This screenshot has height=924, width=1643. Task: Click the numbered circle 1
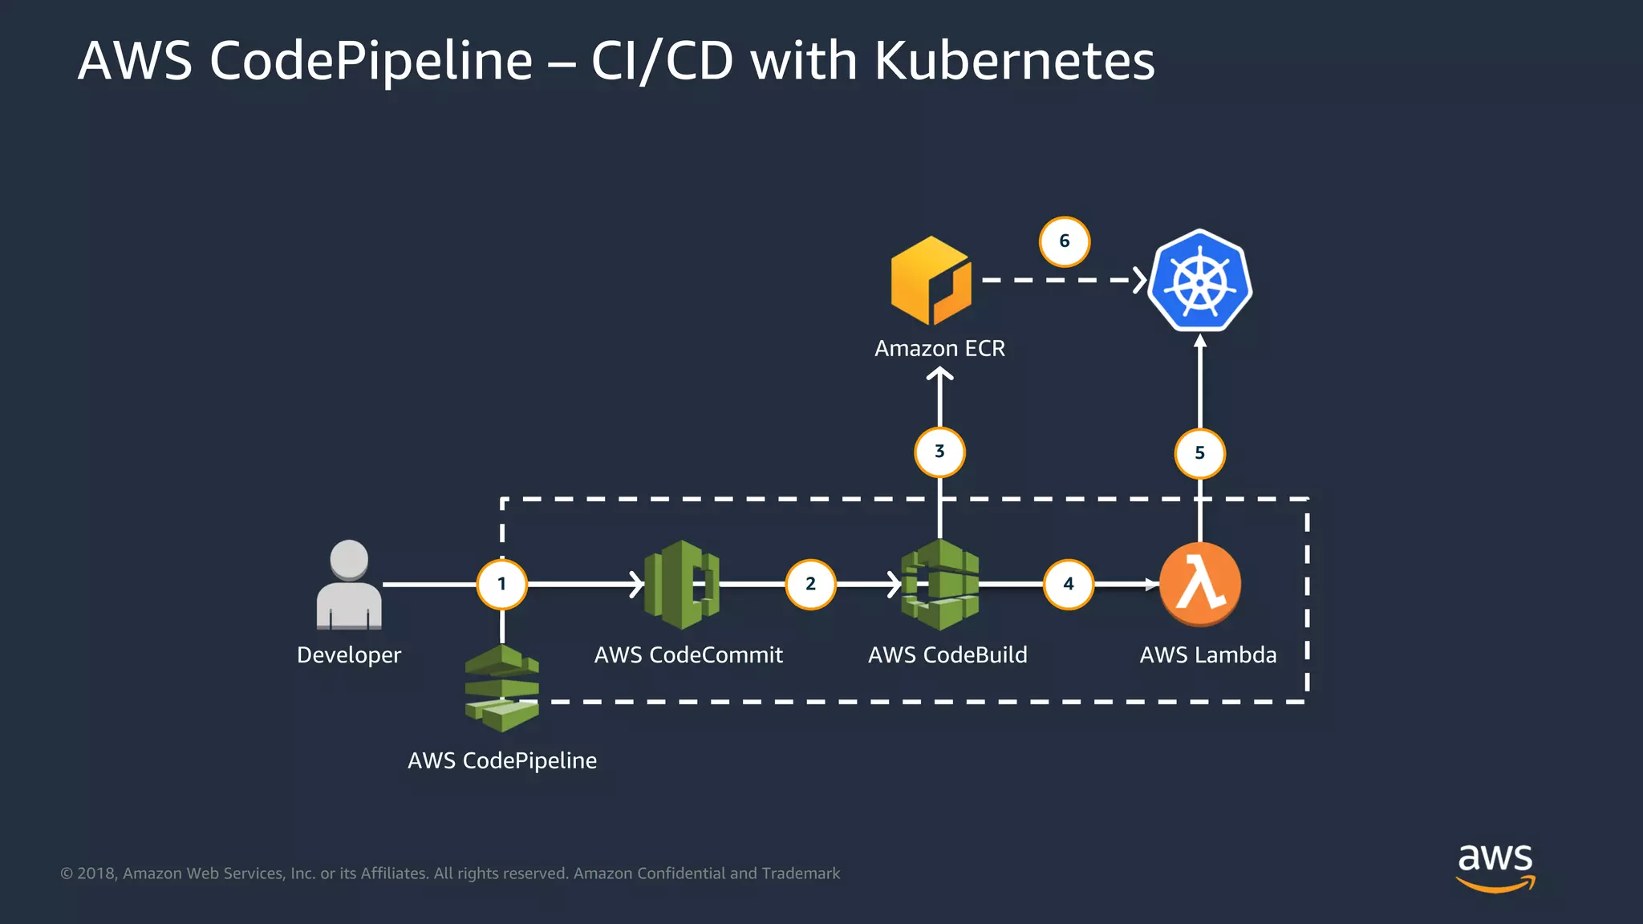click(502, 584)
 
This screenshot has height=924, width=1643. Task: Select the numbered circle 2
click(810, 584)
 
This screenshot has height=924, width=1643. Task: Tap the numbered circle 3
click(939, 452)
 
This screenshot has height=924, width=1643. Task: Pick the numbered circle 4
click(1069, 584)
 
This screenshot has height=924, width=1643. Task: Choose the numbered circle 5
click(1199, 453)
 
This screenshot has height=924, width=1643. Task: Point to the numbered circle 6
click(1065, 241)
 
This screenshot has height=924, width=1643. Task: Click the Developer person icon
click(349, 586)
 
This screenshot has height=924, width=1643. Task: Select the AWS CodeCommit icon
click(682, 584)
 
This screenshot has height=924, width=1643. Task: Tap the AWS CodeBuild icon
click(939, 585)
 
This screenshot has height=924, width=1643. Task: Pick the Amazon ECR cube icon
click(931, 281)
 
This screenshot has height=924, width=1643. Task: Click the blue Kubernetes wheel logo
click(1200, 281)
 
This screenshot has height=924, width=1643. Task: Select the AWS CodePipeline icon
click(502, 688)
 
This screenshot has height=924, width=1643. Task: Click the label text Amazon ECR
click(939, 349)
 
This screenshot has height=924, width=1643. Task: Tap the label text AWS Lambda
click(1207, 655)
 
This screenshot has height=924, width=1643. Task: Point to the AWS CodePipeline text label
click(502, 760)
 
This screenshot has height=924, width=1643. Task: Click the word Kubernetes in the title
click(1014, 61)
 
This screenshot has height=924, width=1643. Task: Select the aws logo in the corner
click(1495, 866)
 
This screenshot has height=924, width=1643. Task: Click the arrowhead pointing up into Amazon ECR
click(939, 374)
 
